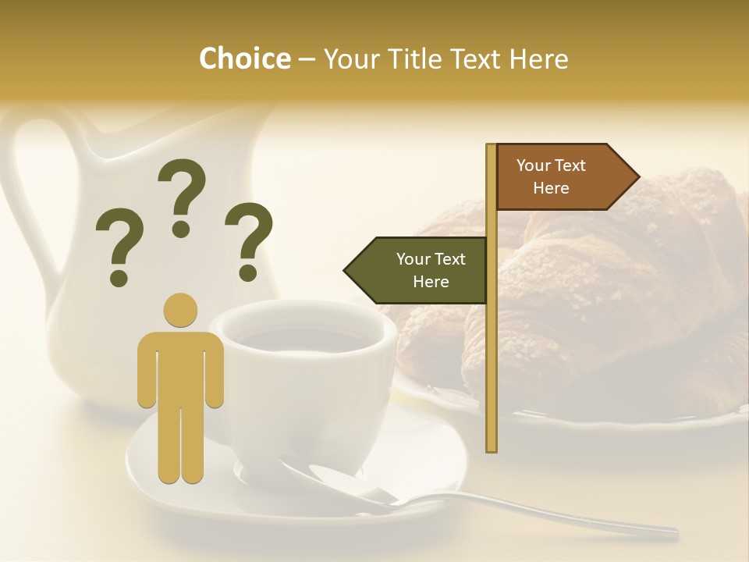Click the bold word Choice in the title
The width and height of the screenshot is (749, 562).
tap(244, 59)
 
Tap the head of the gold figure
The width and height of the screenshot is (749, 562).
tap(181, 310)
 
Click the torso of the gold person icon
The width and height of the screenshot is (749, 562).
tap(181, 367)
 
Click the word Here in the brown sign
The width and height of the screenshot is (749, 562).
tap(551, 188)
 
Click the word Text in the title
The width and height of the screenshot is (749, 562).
tap(475, 59)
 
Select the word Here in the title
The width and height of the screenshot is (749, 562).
tap(538, 59)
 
